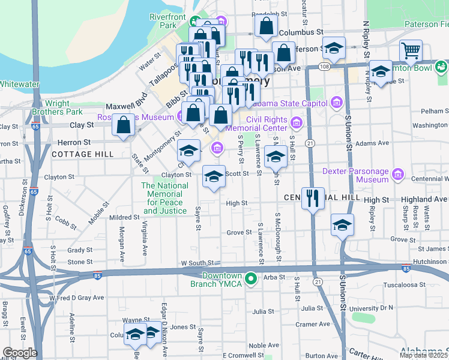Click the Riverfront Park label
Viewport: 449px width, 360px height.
(x=163, y=22)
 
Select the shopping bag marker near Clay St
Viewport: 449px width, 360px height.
(x=123, y=126)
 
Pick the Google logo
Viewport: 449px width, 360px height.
(x=19, y=352)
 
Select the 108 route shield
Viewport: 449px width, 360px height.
(x=324, y=65)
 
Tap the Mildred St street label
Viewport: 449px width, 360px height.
(x=124, y=218)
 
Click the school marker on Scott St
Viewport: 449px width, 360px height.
(x=214, y=177)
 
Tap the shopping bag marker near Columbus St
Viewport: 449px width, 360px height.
(x=266, y=27)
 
